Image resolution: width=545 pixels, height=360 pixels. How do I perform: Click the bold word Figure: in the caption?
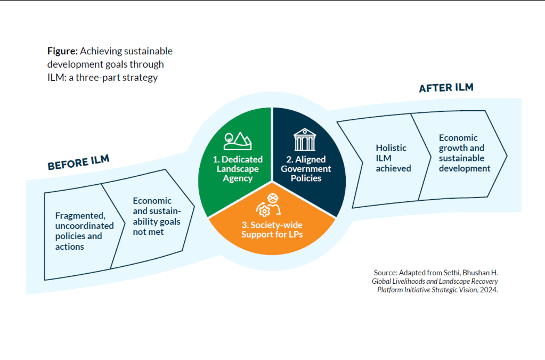[62, 52]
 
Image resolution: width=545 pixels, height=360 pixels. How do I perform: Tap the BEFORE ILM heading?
[78, 162]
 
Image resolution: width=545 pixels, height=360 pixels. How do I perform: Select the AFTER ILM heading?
[446, 87]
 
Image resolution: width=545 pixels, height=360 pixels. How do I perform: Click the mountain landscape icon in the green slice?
[238, 141]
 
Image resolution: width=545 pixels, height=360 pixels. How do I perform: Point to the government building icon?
[305, 140]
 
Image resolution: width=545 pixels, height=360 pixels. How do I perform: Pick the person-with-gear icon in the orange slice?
[269, 205]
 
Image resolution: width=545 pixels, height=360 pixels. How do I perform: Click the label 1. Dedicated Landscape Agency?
[238, 169]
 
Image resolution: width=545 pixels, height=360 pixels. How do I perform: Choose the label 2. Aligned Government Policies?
[306, 169]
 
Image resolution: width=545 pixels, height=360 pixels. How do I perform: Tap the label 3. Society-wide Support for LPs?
[272, 230]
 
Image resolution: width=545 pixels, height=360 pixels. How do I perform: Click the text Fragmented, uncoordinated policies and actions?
[85, 231]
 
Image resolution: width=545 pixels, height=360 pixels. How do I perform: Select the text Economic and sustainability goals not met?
[157, 216]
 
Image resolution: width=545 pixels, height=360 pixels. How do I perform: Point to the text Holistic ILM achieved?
[394, 158]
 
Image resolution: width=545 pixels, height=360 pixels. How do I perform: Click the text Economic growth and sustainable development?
[465, 153]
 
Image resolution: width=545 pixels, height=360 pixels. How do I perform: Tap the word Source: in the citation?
[386, 273]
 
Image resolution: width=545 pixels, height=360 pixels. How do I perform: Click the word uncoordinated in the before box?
[85, 226]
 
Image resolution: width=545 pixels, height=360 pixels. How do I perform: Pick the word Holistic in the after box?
[391, 148]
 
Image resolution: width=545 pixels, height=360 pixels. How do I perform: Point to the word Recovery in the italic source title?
[484, 282]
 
